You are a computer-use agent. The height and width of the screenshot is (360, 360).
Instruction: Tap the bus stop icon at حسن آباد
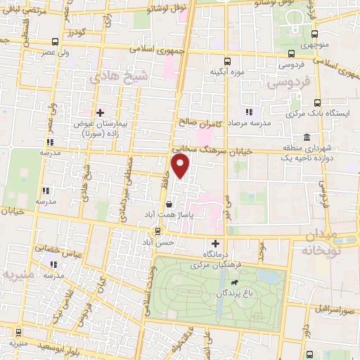coord(157,230)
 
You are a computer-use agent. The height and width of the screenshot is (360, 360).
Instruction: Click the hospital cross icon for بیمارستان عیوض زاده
coord(101,112)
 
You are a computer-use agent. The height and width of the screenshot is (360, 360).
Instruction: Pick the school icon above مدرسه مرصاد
coord(247,112)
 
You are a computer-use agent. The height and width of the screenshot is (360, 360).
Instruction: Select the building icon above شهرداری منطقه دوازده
coord(307,137)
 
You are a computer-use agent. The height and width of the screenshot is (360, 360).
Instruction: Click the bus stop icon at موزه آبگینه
coord(226,61)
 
